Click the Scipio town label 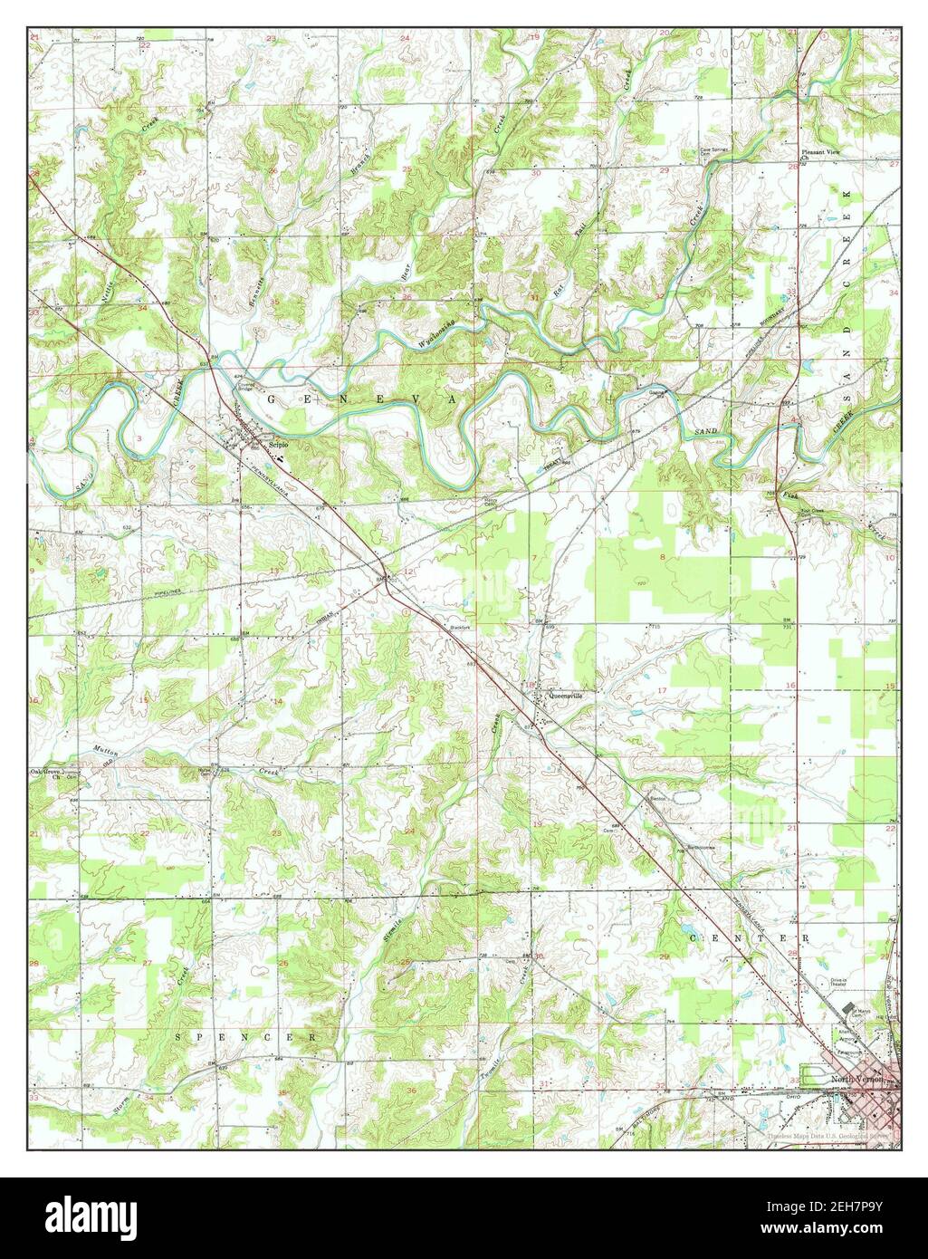coord(279,444)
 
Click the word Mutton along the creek coord(104,751)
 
